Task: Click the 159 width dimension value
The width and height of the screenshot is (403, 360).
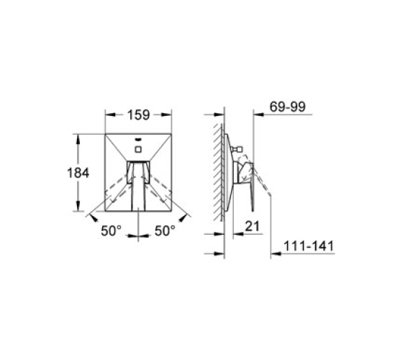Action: coord(138,114)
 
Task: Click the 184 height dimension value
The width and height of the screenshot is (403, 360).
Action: coord(78,173)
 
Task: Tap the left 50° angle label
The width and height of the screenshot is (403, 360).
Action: coord(112,230)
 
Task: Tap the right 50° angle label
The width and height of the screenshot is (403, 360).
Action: coord(165,230)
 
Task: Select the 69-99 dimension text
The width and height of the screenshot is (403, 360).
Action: coord(288,107)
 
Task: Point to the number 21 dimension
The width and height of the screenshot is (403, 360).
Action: coord(253,226)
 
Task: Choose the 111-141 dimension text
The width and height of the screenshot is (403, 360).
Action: coord(309,246)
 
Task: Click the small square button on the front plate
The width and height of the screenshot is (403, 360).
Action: coord(138,149)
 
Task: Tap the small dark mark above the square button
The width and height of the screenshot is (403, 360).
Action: coord(138,140)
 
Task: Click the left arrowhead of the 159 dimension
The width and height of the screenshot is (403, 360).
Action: coord(109,114)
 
